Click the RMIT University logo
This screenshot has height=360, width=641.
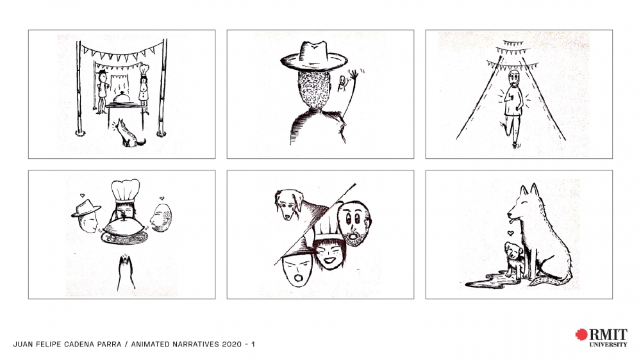601,338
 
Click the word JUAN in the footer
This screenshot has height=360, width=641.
22,344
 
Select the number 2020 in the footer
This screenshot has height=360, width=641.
232,344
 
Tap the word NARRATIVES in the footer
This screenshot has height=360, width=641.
196,344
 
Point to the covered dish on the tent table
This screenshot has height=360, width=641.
122,99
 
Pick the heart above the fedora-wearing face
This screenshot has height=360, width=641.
83,195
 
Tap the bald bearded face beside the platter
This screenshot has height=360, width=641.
161,217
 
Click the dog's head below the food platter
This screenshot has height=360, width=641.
126,273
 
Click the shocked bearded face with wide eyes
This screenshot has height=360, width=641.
356,223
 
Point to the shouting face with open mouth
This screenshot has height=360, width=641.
297,270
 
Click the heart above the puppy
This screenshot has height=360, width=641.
510,233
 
